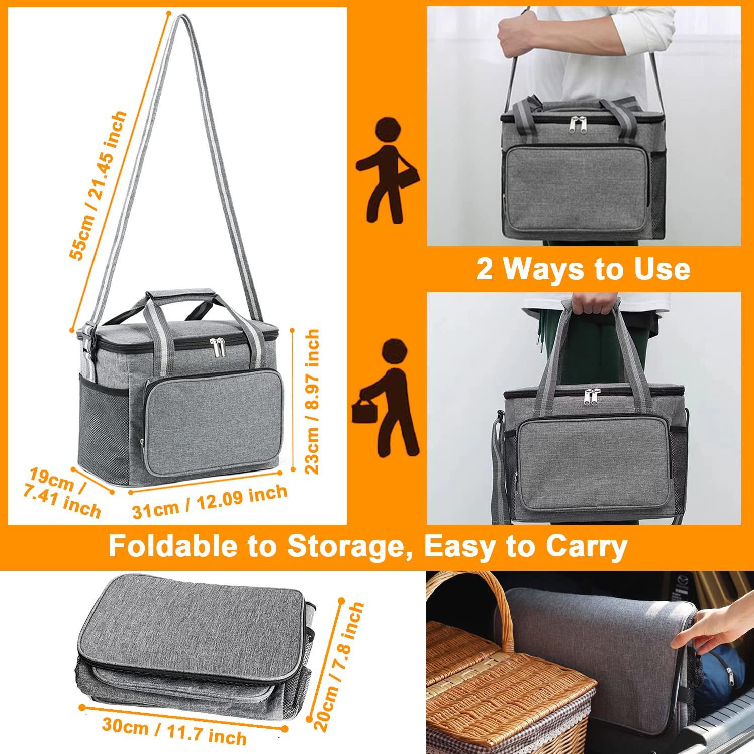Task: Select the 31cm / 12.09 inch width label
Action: [210, 501]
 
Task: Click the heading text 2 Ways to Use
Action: [583, 269]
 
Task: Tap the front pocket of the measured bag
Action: [211, 417]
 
